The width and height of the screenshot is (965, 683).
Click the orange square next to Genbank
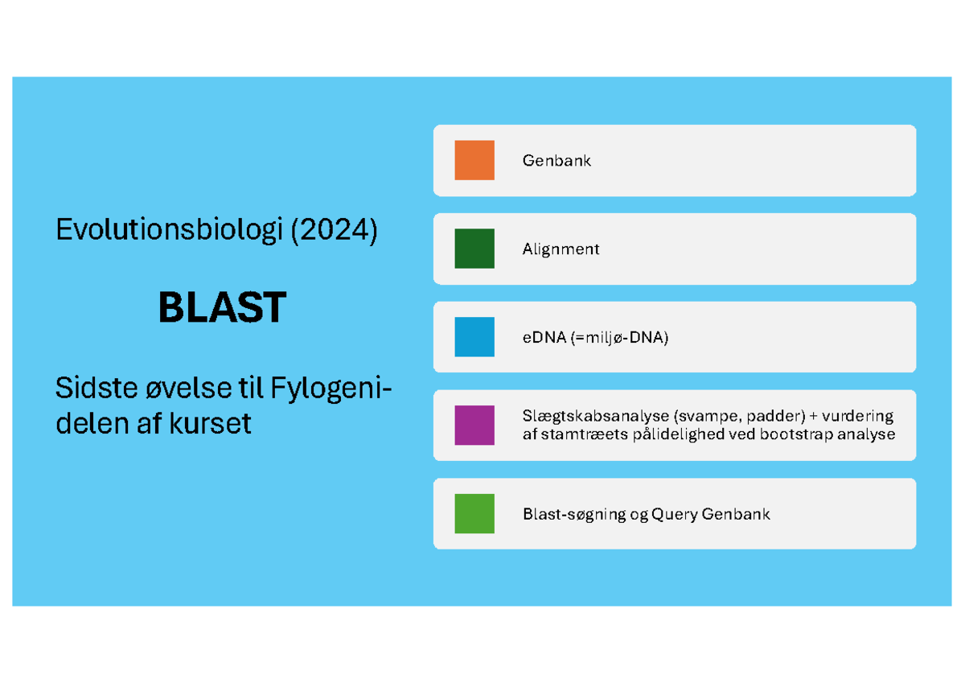(474, 160)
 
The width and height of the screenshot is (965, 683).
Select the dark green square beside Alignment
(474, 249)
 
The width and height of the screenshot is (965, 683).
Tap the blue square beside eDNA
(474, 337)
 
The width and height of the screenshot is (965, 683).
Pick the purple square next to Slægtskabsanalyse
(474, 426)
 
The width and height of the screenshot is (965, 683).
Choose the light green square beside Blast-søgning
(474, 514)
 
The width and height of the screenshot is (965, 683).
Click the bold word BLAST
(222, 307)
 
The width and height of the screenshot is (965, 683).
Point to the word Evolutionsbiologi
(169, 232)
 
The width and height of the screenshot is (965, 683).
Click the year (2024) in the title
(334, 232)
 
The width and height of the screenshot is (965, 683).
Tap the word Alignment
(561, 249)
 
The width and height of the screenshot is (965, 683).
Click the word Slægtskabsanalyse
(595, 417)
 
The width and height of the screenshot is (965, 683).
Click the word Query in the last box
(675, 514)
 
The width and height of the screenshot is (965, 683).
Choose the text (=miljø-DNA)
(619, 338)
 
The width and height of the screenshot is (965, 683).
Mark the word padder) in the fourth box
(776, 417)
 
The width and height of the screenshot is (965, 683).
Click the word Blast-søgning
(574, 514)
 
